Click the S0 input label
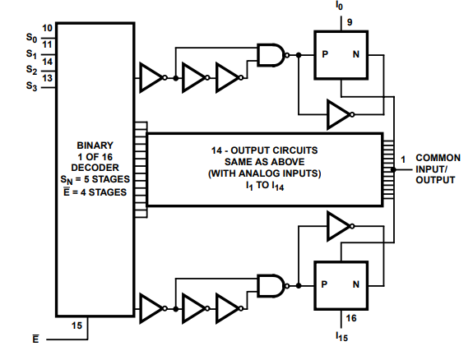[x=31, y=38]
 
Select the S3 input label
[x=31, y=86]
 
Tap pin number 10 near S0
[x=47, y=28]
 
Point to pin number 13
[x=47, y=78]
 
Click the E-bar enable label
[x=35, y=339]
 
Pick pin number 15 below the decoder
[x=77, y=325]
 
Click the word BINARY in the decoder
[x=95, y=145]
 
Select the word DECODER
[x=95, y=168]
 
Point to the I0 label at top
[x=339, y=6]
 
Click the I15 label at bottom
[x=341, y=336]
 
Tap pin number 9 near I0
[x=350, y=22]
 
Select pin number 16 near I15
[x=351, y=318]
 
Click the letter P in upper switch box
[x=325, y=54]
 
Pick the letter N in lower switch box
[x=356, y=284]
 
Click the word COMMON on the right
[x=438, y=158]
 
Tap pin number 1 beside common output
[x=403, y=159]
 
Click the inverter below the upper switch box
[x=341, y=114]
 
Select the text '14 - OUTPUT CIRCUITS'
[x=265, y=150]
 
